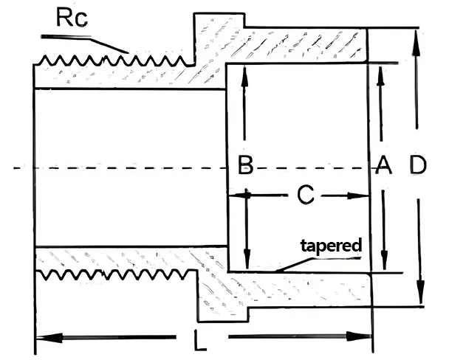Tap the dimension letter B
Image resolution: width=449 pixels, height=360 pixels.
click(245, 167)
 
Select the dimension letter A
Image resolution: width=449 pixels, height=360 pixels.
click(382, 167)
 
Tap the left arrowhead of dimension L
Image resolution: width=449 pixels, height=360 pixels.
click(43, 336)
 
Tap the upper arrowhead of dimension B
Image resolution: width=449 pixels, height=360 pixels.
click(244, 72)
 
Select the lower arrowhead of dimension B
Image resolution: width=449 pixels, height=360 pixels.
click(246, 262)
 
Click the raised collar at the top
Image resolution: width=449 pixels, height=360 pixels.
click(219, 30)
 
